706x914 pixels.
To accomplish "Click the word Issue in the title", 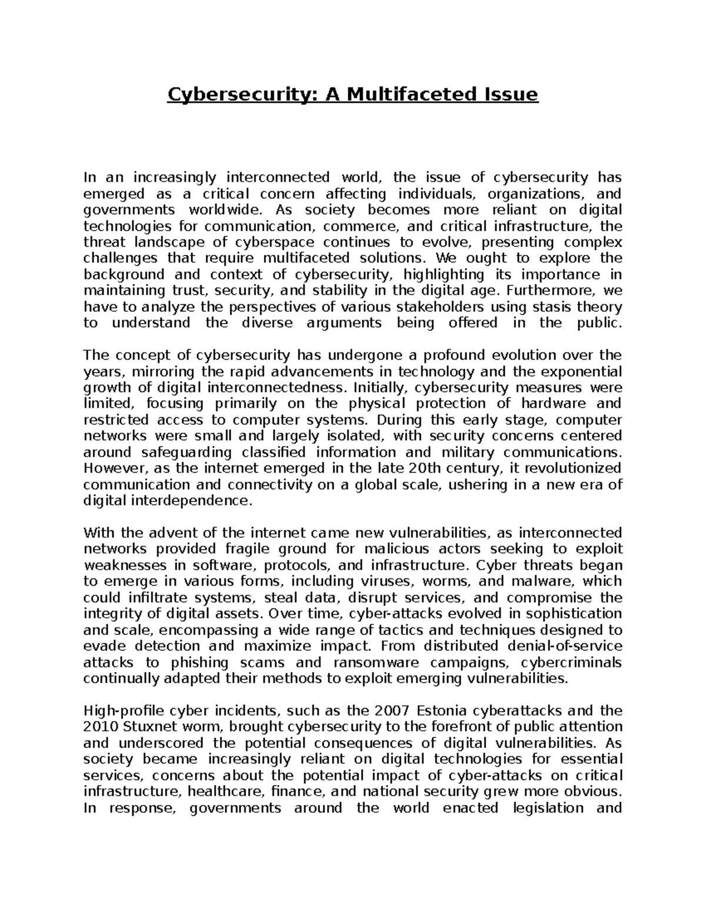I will [x=509, y=94].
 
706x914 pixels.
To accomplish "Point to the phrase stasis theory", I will [x=577, y=307].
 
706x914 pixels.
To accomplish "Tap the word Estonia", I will [x=447, y=711].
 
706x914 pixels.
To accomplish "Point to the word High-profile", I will [x=116, y=711].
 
